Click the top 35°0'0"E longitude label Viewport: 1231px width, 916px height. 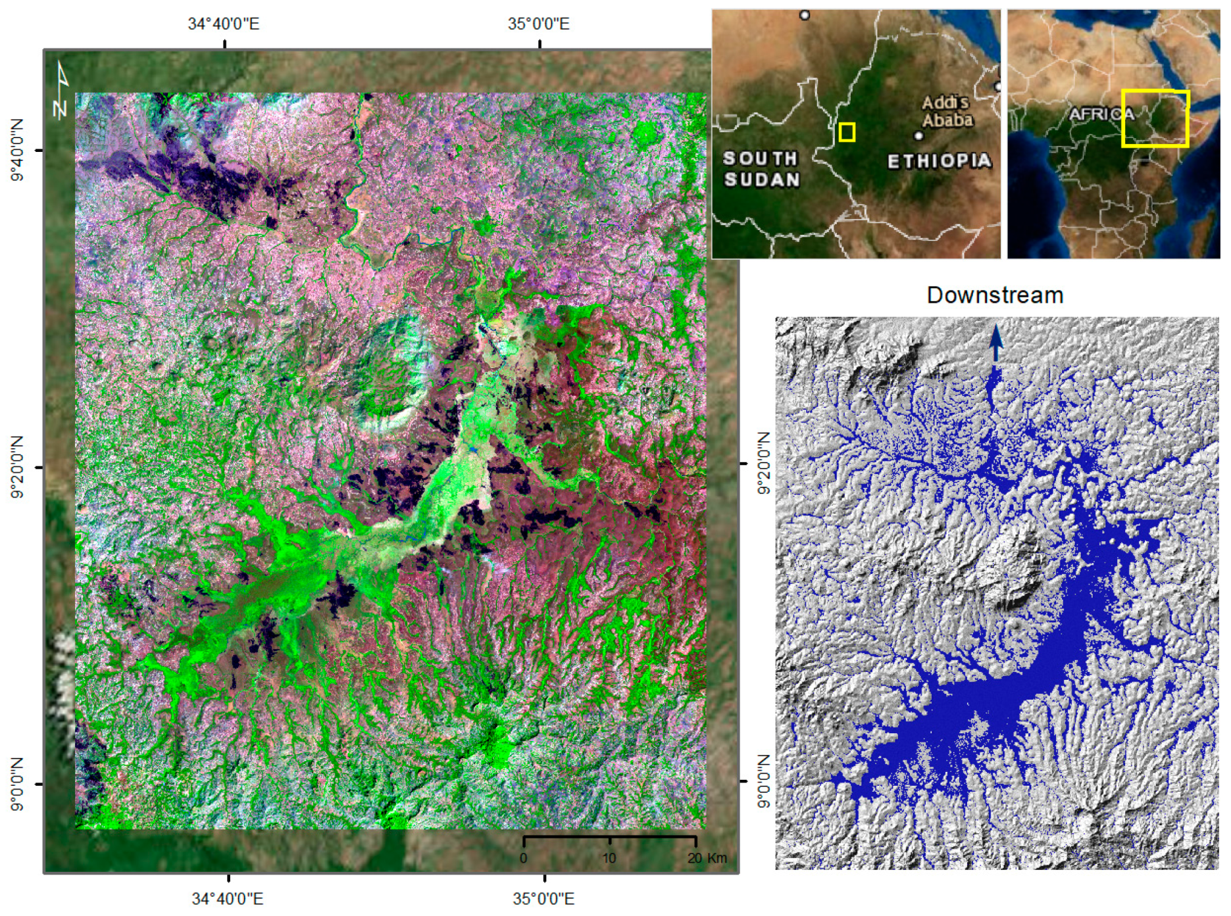point(538,24)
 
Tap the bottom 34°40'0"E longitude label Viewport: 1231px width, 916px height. point(227,898)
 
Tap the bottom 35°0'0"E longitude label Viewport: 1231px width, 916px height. point(543,898)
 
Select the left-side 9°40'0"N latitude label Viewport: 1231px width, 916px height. point(16,150)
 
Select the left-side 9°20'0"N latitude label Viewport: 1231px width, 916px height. point(16,467)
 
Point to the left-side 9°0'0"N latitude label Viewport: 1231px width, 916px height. point(16,784)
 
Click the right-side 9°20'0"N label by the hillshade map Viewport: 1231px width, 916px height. point(763,464)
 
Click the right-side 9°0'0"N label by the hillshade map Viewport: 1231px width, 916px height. point(763,781)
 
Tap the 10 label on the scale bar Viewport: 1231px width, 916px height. point(609,858)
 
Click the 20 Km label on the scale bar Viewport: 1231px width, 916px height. point(707,858)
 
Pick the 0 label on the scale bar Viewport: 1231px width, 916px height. point(523,858)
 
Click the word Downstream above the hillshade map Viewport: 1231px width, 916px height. point(994,295)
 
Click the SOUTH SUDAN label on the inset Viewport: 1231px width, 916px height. point(761,169)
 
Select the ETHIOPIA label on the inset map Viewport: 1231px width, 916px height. point(938,161)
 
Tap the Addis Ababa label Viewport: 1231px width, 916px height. point(947,111)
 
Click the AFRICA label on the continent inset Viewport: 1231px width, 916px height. point(1101,114)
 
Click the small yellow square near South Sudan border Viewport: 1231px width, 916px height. point(847,132)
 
